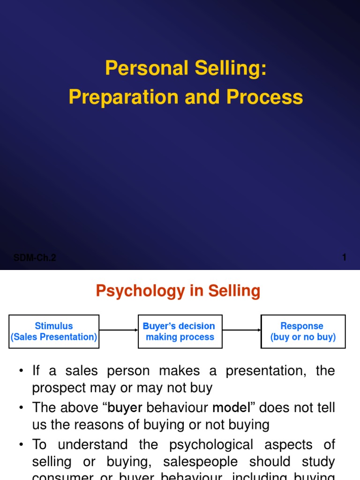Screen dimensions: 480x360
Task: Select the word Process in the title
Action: tap(265, 97)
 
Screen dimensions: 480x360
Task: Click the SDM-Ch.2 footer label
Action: tap(35, 258)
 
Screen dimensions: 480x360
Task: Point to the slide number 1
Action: tap(345, 257)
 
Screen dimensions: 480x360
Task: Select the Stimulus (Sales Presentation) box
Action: tap(54, 331)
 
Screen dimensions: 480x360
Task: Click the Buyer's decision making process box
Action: tap(180, 331)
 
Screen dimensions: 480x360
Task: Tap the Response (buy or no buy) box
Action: tap(303, 331)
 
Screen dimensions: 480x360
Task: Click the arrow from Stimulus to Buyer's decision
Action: tap(119, 330)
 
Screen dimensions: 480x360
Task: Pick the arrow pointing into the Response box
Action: tap(242, 330)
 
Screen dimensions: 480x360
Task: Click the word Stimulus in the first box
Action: tap(54, 326)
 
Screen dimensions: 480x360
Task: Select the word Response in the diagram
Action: tap(302, 326)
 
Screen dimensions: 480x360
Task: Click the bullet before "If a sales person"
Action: tap(21, 371)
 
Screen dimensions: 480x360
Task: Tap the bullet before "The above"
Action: tap(21, 408)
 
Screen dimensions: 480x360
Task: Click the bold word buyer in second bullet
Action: tap(125, 408)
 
